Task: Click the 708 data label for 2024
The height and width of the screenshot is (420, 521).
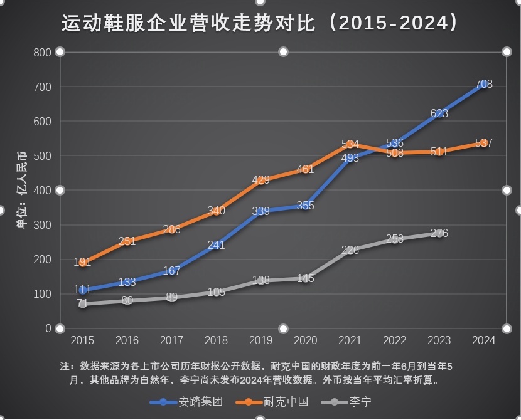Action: [483, 84]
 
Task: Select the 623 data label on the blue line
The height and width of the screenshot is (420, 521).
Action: [439, 113]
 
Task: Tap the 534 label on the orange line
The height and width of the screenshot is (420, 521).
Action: [350, 145]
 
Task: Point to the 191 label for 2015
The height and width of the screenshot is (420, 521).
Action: [82, 263]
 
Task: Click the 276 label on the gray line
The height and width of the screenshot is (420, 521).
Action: [439, 233]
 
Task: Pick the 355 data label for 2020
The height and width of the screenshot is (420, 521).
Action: [306, 206]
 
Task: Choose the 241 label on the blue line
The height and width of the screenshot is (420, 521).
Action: [216, 245]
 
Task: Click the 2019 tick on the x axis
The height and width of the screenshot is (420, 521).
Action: [261, 340]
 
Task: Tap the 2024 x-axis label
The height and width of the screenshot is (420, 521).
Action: [483, 340]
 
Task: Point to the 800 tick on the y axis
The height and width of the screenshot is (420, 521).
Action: [42, 52]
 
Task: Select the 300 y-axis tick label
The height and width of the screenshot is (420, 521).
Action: [42, 225]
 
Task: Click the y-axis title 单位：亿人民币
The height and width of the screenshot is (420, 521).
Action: [21, 190]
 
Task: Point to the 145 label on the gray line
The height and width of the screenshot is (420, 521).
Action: [306, 278]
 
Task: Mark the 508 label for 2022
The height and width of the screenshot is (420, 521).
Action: [395, 153]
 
